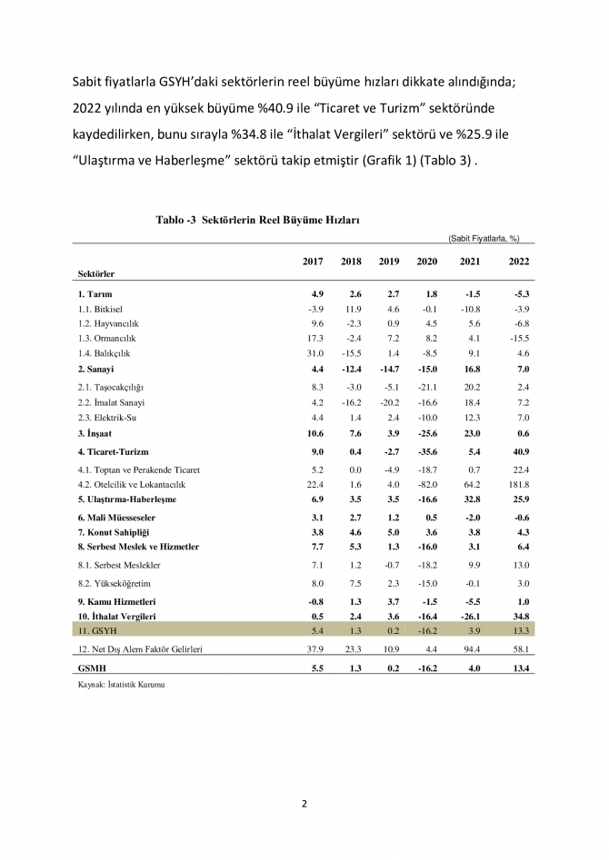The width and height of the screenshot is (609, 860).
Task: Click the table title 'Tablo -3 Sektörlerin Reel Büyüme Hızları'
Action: click(258, 220)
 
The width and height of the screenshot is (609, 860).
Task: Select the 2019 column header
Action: click(388, 262)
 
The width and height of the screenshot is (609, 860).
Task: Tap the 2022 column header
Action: click(519, 262)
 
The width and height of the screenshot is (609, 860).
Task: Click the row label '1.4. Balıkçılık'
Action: click(105, 352)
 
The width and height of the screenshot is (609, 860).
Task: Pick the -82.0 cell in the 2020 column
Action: click(426, 485)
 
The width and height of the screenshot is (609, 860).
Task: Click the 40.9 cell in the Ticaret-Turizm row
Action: click(520, 451)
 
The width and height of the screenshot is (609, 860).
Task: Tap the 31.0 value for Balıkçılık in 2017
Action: click(314, 352)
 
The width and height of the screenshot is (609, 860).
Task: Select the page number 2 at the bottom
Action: click(304, 803)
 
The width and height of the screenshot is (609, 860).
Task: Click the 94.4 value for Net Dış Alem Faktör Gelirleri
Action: click(473, 649)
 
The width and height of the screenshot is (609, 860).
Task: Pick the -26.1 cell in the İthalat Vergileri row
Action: click(471, 616)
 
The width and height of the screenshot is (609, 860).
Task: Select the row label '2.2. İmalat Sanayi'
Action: click(112, 401)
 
